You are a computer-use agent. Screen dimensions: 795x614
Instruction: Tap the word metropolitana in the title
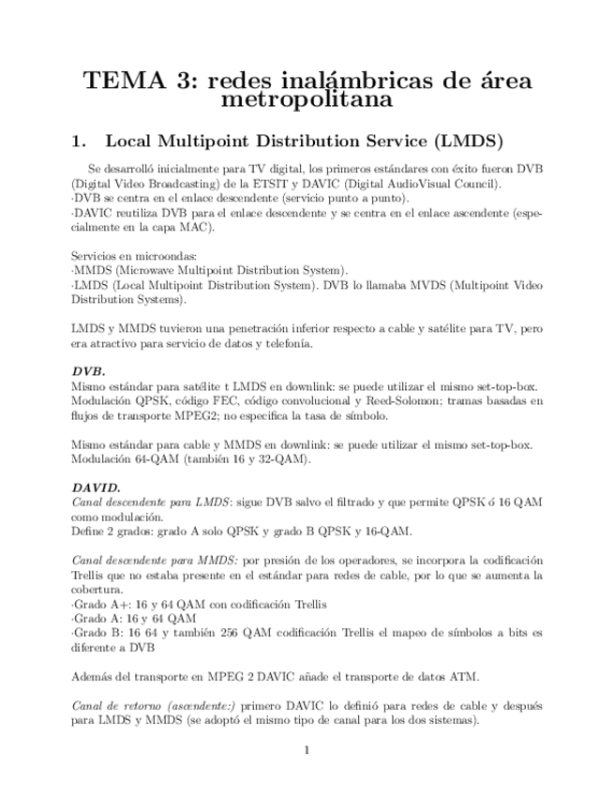pyautogui.click(x=307, y=97)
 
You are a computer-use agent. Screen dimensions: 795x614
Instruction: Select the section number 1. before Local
pyautogui.click(x=79, y=142)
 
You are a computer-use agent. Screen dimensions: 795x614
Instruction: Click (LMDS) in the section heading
pyautogui.click(x=470, y=142)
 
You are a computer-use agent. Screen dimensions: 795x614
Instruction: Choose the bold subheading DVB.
pyautogui.click(x=88, y=370)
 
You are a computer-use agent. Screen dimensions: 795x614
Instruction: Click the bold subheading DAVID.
pyautogui.click(x=96, y=487)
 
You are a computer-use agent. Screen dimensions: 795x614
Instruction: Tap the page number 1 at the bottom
pyautogui.click(x=307, y=749)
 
